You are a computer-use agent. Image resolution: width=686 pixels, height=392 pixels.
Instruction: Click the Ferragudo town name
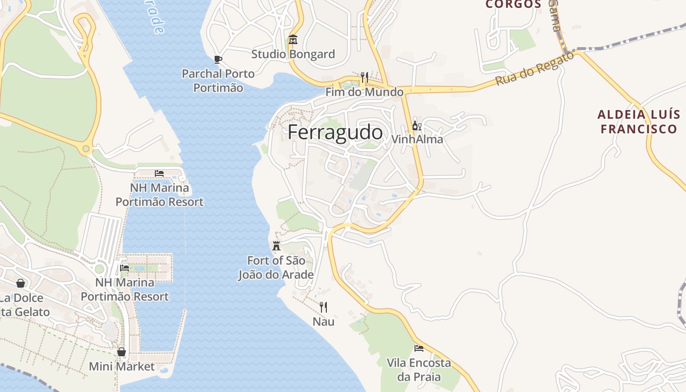pyautogui.click(x=335, y=132)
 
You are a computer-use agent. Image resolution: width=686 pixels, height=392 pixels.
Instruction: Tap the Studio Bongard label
pyautogui.click(x=293, y=54)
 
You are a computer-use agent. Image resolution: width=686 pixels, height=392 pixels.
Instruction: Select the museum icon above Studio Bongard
pyautogui.click(x=293, y=39)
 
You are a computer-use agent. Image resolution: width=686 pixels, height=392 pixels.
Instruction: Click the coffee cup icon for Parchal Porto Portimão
pyautogui.click(x=218, y=60)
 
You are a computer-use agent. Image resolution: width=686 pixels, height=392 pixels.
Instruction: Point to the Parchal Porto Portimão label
pyautogui.click(x=218, y=81)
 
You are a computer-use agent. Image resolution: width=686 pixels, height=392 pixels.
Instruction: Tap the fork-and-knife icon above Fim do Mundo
pyautogui.click(x=364, y=77)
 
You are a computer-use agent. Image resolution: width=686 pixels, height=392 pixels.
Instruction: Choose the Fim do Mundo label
pyautogui.click(x=365, y=92)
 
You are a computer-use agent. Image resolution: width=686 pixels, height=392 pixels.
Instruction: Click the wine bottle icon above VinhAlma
pyautogui.click(x=416, y=126)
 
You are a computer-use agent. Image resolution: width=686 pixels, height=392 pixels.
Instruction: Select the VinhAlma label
pyautogui.click(x=417, y=140)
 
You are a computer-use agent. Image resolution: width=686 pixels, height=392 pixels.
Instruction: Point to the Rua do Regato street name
pyautogui.click(x=534, y=69)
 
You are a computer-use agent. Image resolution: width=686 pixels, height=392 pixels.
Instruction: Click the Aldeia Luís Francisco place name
pyautogui.click(x=639, y=122)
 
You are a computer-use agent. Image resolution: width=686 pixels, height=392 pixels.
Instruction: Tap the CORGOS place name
pyautogui.click(x=514, y=4)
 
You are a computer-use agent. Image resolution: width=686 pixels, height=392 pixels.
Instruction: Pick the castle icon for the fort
pyautogui.click(x=276, y=245)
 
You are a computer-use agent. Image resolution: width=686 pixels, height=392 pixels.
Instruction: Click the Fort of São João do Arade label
pyautogui.click(x=276, y=268)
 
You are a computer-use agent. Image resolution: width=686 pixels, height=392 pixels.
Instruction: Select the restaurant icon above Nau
pyautogui.click(x=323, y=307)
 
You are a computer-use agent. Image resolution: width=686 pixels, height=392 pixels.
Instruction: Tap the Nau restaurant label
pyautogui.click(x=323, y=321)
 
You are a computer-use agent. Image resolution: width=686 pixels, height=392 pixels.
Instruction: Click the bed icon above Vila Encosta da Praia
pyautogui.click(x=419, y=348)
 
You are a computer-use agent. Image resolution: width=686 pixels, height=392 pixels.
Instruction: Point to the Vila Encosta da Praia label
pyautogui.click(x=419, y=370)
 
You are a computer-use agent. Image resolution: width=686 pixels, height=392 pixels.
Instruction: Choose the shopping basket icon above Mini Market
pyautogui.click(x=122, y=352)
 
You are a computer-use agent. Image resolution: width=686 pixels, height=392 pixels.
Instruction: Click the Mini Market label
pyautogui.click(x=122, y=367)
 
